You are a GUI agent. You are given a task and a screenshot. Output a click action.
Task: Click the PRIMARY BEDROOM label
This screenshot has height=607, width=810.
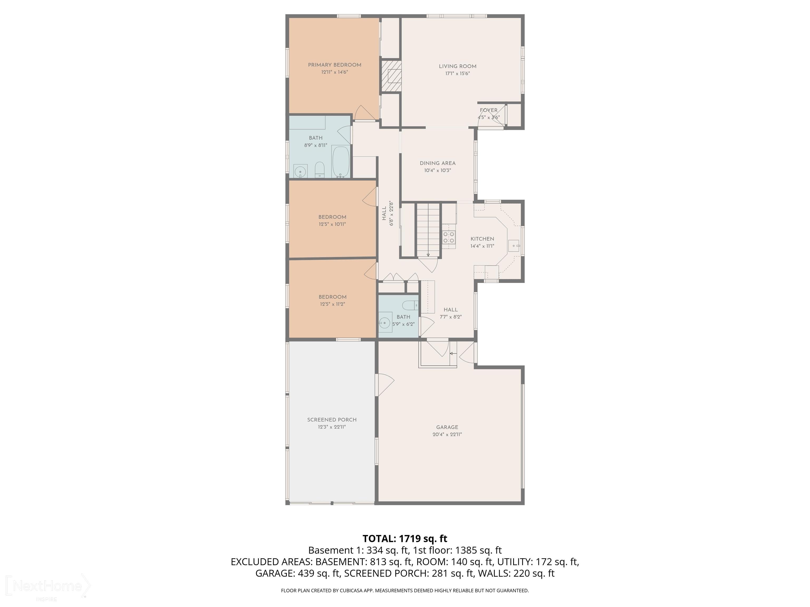(x=334, y=65)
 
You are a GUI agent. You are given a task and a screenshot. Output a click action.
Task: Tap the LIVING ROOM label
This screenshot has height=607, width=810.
(x=457, y=66)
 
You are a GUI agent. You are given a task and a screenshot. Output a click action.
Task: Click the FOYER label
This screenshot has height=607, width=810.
(x=489, y=110)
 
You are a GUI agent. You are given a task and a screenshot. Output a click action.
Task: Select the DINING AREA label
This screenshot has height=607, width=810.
(x=438, y=163)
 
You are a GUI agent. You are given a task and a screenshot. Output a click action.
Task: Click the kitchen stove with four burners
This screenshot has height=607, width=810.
(x=449, y=237)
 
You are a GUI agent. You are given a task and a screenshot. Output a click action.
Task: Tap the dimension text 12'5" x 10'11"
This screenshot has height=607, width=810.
(x=332, y=224)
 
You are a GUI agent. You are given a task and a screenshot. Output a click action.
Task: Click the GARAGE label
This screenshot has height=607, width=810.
(x=447, y=427)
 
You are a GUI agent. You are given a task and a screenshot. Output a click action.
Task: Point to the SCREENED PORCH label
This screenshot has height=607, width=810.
(x=332, y=420)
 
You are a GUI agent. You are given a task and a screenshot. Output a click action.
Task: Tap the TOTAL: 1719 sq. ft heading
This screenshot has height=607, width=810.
(x=405, y=539)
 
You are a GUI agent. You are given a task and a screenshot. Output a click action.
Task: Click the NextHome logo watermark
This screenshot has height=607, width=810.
(x=48, y=586)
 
